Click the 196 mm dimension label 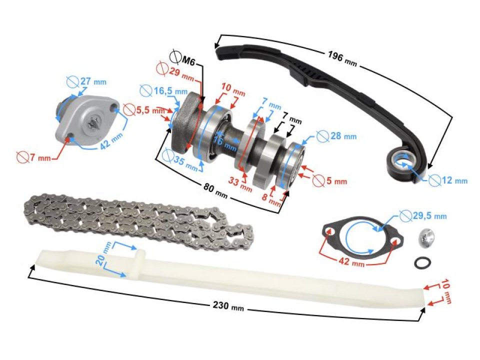[x=341, y=57]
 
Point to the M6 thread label [x=187, y=61]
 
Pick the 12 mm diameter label [x=454, y=180]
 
